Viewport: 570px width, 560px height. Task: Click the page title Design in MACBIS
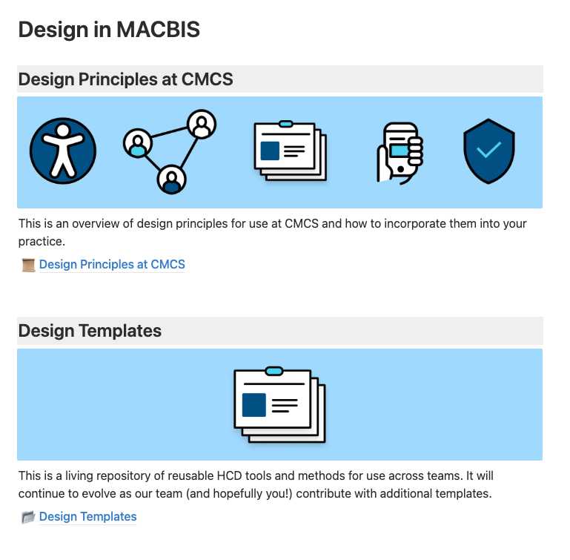point(109,30)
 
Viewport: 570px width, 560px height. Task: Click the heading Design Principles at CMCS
point(125,79)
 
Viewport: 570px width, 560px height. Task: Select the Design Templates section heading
point(90,331)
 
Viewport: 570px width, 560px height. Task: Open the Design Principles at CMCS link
point(112,264)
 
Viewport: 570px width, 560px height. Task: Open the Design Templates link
point(87,516)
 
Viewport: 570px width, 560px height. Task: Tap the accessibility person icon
point(63,151)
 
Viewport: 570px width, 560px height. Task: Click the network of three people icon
point(170,151)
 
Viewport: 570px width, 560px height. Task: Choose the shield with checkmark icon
point(488,151)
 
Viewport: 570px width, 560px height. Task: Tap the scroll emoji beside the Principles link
point(29,265)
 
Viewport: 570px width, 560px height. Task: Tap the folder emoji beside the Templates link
point(28,517)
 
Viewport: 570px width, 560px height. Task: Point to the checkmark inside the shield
point(488,150)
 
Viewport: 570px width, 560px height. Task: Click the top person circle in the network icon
point(201,124)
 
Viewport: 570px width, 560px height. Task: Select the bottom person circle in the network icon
point(172,178)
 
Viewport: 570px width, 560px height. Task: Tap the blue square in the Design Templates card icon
point(254,405)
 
